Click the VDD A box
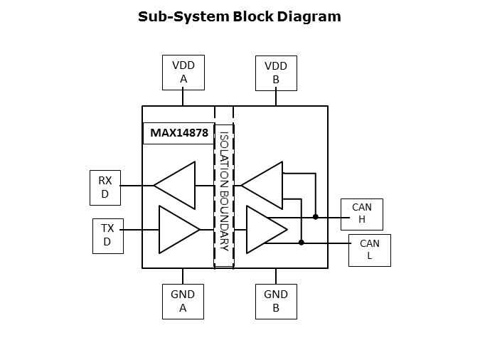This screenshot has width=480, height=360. tap(183, 73)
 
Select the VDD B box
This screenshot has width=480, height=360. tap(276, 73)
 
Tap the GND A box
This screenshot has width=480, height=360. tap(183, 301)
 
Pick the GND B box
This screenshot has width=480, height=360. tap(276, 301)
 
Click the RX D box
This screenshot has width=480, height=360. tap(105, 187)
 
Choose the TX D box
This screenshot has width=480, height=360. tap(107, 236)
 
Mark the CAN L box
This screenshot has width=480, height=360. tap(369, 250)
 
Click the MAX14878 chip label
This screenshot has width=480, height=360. tap(179, 133)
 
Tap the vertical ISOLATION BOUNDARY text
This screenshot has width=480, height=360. tap(224, 191)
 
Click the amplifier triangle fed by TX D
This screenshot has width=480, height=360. tap(176, 229)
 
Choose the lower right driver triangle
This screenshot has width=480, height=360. tap(264, 229)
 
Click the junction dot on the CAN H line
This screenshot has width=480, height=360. tap(316, 216)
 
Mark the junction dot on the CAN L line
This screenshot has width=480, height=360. tap(301, 243)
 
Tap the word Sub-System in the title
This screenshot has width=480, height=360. tap(183, 16)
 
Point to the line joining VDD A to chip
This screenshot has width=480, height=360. tap(183, 98)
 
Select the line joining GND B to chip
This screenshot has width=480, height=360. tap(276, 276)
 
